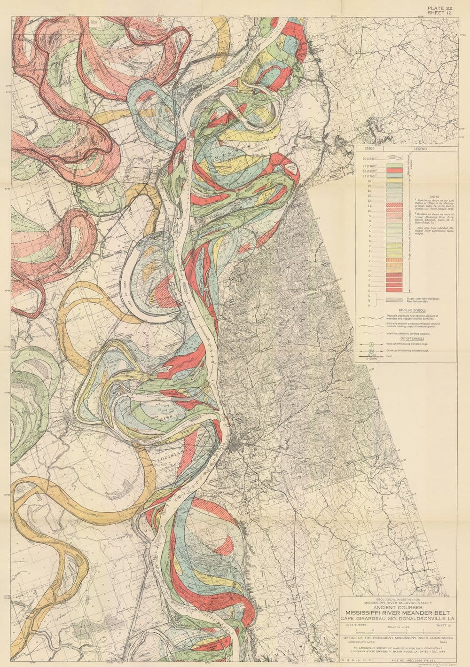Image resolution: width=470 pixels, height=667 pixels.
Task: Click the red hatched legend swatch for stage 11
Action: point(394,205)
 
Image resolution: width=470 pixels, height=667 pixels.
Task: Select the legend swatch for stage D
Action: point(394,286)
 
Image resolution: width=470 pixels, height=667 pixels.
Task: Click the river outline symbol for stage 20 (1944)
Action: point(394,160)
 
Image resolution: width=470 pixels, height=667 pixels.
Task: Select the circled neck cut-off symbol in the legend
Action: point(371,344)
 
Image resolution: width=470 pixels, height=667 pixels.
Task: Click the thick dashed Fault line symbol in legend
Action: point(371,359)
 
